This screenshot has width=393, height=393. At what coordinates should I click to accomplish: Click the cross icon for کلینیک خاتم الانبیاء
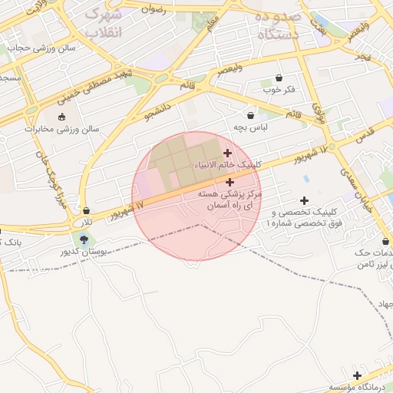coord(227,154)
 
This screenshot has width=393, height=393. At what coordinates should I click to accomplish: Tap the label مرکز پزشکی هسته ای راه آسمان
coord(230,202)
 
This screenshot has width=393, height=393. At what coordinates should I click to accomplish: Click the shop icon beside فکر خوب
coord(278,78)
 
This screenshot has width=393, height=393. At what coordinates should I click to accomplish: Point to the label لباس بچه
coord(251,126)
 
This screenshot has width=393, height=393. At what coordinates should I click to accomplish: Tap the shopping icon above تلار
coord(86,210)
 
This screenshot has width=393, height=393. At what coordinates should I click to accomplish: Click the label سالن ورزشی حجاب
coord(41,47)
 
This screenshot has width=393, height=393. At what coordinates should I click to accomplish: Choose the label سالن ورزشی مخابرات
coord(62,129)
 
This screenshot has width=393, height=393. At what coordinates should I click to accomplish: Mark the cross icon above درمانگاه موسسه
coord(357,375)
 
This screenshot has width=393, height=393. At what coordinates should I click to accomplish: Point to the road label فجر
coord(363,57)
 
